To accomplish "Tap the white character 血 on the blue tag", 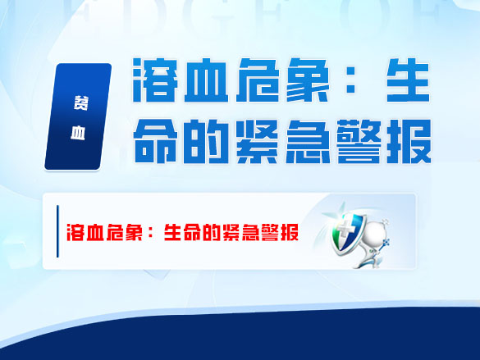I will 77,131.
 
